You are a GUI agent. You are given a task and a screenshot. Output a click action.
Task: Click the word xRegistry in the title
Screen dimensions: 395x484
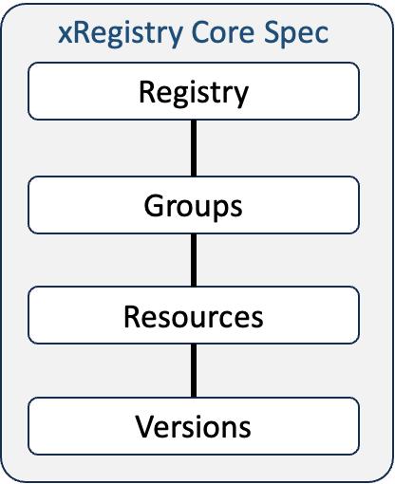[x=121, y=34]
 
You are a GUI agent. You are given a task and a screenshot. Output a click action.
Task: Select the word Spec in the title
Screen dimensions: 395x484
[x=296, y=34]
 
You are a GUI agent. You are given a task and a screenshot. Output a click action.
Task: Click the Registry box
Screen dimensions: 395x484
[x=194, y=91]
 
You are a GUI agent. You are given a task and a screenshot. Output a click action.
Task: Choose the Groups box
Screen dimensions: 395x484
[x=194, y=205]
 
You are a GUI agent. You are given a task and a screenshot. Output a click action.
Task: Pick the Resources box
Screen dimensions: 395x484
[x=194, y=315]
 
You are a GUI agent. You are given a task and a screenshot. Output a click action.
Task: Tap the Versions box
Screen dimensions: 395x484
[x=194, y=426]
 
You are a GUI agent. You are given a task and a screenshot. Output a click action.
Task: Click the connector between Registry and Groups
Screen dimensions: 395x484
[x=194, y=148]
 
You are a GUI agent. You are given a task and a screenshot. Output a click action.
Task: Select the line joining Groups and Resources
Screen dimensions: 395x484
[x=194, y=260]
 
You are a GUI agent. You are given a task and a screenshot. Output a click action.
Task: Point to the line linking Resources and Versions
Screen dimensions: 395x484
[x=194, y=370]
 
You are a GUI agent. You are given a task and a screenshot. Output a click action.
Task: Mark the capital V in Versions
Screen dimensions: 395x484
[x=145, y=426]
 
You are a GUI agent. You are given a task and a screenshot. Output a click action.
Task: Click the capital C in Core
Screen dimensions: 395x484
[x=200, y=32]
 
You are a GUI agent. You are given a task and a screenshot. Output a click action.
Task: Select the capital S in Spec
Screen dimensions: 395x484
[x=272, y=32]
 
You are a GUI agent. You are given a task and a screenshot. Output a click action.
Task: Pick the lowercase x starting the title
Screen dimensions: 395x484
[x=66, y=35]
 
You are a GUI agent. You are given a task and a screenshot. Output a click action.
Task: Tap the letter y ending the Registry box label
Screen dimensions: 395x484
[x=241, y=97]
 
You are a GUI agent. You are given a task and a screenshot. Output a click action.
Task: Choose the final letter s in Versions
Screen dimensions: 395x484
[x=245, y=429]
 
